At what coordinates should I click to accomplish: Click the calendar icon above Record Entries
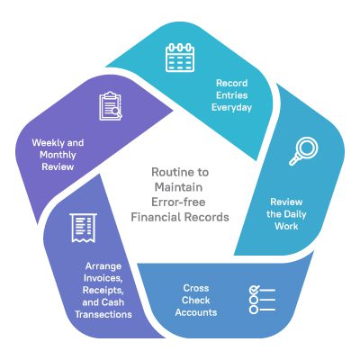tap(180, 57)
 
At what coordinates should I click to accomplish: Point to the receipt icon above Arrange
tap(83, 228)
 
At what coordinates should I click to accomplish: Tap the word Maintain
tap(179, 185)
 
